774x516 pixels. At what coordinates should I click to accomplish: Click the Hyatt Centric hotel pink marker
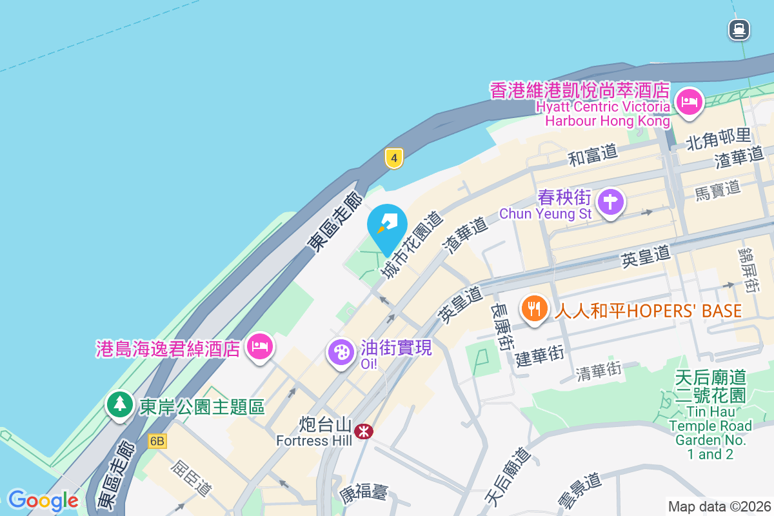pos(689,102)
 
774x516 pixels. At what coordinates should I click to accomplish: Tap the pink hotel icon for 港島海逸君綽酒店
pos(261,347)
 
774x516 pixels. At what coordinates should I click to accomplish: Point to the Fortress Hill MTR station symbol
pos(364,431)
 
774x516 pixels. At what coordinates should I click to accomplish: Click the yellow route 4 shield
pos(394,157)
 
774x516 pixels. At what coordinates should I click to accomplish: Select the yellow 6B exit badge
pos(157,441)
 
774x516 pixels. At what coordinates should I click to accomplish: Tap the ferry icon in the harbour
pos(739,30)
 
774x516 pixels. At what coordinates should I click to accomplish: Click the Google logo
pos(43,500)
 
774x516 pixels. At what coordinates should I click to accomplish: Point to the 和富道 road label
pos(593,154)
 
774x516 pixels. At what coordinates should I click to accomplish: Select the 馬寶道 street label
pos(717,191)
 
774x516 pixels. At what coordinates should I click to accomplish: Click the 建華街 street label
pos(540,355)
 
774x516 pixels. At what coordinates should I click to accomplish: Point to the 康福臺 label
pos(364,493)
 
